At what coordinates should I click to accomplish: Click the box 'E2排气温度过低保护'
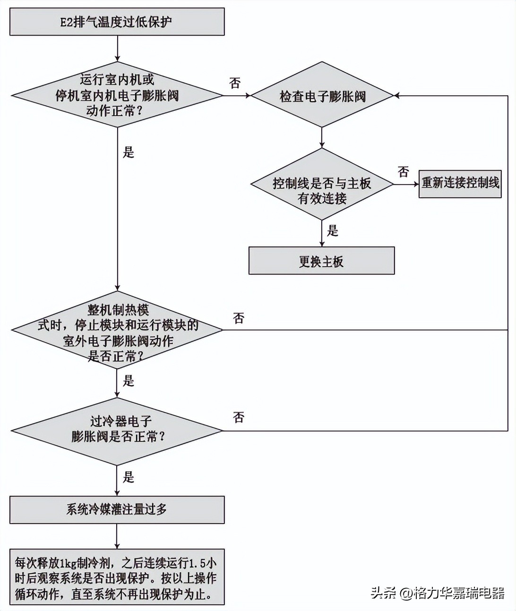(117, 22)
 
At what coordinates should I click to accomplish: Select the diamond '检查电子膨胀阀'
(322, 96)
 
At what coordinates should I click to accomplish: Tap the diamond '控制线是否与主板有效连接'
(322, 184)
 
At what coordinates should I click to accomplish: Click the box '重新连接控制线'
(460, 183)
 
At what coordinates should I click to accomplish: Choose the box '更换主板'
(321, 260)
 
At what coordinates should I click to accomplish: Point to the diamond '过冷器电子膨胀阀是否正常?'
(117, 430)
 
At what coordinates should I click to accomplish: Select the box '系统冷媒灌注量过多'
(117, 509)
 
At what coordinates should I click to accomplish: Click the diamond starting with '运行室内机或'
(117, 95)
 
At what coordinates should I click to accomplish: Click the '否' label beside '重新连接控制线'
(403, 171)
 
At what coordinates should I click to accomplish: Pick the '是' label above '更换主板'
(333, 230)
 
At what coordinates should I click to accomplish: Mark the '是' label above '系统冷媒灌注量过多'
(129, 477)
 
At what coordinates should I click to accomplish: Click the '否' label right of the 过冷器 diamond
(239, 417)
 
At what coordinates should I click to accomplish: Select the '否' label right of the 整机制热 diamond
(239, 318)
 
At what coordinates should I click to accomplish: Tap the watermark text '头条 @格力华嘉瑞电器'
(438, 593)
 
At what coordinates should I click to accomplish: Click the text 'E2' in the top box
(66, 22)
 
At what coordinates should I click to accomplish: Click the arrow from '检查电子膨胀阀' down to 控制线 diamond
(322, 137)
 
